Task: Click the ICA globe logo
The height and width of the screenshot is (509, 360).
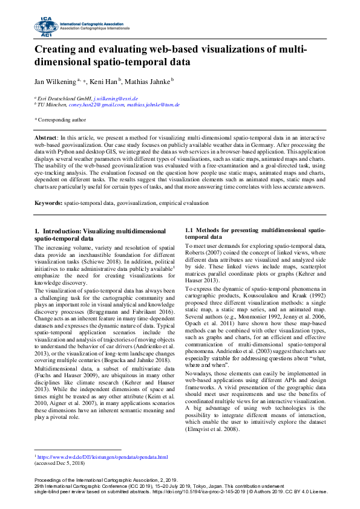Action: coord(45,26)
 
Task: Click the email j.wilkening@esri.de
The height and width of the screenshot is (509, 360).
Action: coord(117,98)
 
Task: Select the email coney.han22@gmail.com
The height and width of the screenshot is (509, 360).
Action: coord(77,105)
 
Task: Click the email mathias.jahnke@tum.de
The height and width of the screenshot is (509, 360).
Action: coord(137,105)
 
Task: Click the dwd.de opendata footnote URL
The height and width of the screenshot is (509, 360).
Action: coord(103,458)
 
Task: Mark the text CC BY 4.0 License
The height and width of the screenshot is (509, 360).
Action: coord(309,491)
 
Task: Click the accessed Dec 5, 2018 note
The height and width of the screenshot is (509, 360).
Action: coord(60,464)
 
